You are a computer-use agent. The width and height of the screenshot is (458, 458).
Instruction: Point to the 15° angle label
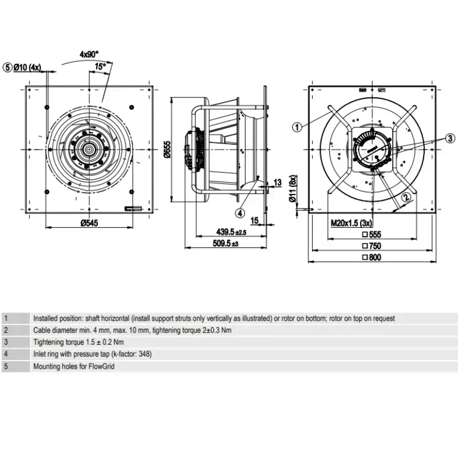(x=100, y=67)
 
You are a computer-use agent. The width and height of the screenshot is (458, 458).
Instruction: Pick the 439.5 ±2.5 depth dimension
(x=229, y=232)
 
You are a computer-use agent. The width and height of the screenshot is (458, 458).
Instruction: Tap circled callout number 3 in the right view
(x=451, y=138)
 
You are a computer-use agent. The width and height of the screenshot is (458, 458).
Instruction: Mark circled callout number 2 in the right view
(x=406, y=198)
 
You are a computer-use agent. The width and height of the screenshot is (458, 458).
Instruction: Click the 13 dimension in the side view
(x=278, y=182)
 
